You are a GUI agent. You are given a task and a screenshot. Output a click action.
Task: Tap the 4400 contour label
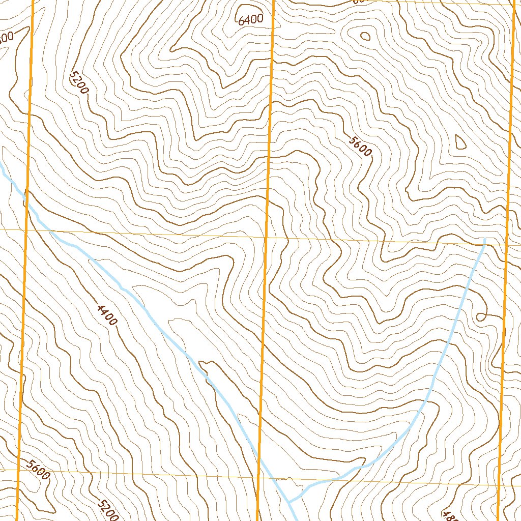pos(107,314)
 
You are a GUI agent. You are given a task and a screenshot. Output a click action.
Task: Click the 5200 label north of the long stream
pos(79,82)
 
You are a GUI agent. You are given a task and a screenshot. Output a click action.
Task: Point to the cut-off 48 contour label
pos(450,515)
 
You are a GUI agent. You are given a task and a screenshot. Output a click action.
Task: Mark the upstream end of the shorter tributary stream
pos(484,239)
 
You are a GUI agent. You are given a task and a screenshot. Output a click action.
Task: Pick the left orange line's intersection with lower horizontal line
pos(19,470)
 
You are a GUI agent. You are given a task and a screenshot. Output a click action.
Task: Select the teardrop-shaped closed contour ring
pos(459,141)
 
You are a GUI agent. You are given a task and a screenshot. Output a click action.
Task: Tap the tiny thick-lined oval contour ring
pos(365,36)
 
